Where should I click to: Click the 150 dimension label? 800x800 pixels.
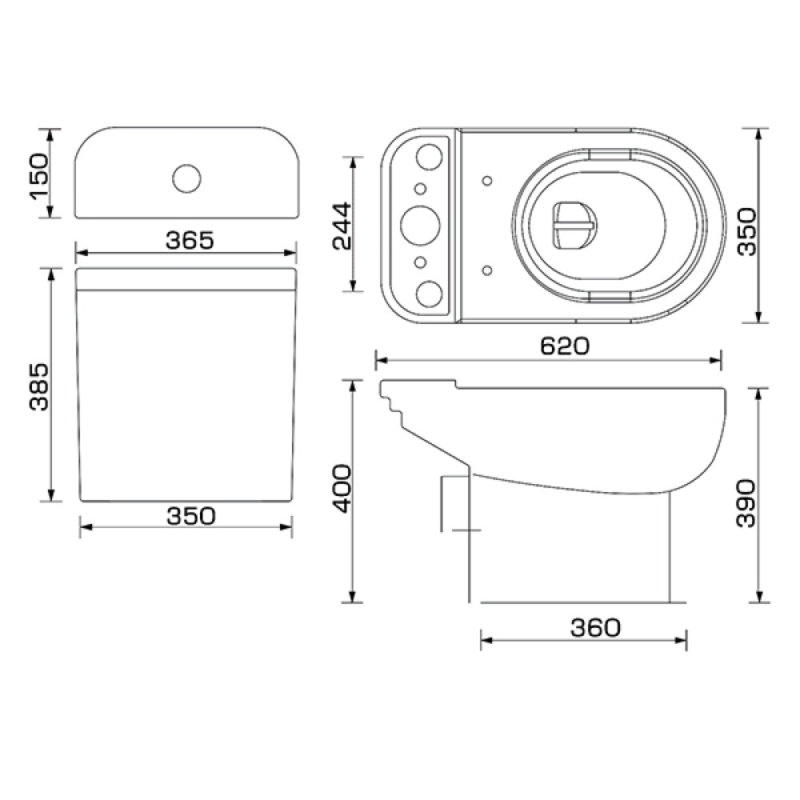click(39, 176)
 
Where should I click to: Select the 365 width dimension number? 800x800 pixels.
click(190, 240)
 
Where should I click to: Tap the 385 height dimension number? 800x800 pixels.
click(38, 386)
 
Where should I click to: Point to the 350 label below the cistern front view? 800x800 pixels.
click(191, 516)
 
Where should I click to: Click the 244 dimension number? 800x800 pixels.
click(342, 226)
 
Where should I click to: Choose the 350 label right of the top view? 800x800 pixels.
click(748, 231)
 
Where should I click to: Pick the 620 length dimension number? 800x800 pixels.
click(564, 346)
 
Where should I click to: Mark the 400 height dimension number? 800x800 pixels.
click(342, 488)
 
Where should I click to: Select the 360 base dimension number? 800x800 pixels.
click(595, 627)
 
